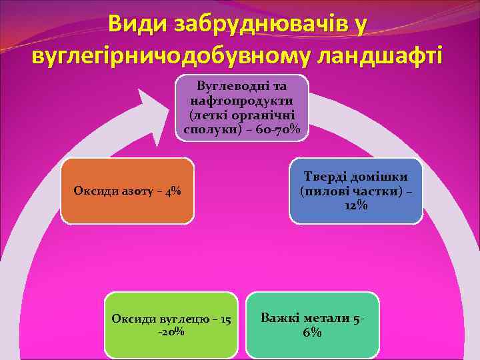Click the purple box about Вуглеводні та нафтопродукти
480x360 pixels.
[x=242, y=107]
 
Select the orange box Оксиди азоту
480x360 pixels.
[x=127, y=191]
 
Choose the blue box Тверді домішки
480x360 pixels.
[x=355, y=191]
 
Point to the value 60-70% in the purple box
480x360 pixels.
[x=276, y=128]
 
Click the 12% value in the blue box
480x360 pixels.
[x=355, y=206]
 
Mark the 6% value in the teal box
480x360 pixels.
[x=312, y=333]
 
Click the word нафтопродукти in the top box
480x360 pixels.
[x=242, y=100]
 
